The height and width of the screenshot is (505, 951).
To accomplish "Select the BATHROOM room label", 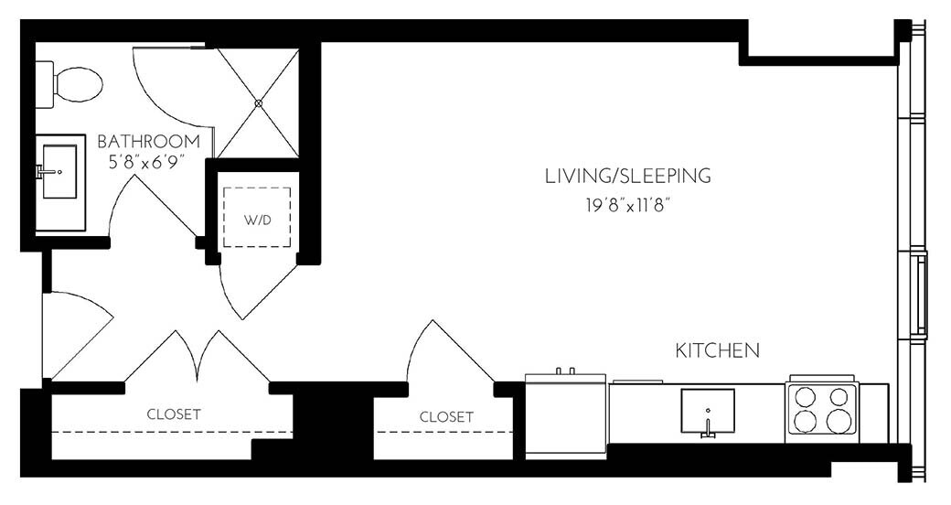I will point(148,142).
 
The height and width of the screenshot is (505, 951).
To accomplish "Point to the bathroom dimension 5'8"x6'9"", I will point(148,163).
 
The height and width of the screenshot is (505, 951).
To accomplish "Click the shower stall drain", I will point(259,103).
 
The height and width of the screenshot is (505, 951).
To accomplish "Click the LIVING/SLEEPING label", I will point(627,176).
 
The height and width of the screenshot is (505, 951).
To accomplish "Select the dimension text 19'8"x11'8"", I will point(627,206).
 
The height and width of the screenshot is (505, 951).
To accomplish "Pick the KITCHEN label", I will point(717,350).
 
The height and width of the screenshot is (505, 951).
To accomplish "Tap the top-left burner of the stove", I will point(806,397).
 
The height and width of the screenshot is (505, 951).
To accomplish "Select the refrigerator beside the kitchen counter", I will point(566,416).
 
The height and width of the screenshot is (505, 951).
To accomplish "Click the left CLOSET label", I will point(174,414).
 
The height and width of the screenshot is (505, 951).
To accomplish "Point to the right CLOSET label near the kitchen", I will point(446,417).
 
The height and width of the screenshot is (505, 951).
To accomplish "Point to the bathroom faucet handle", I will point(43,171).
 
